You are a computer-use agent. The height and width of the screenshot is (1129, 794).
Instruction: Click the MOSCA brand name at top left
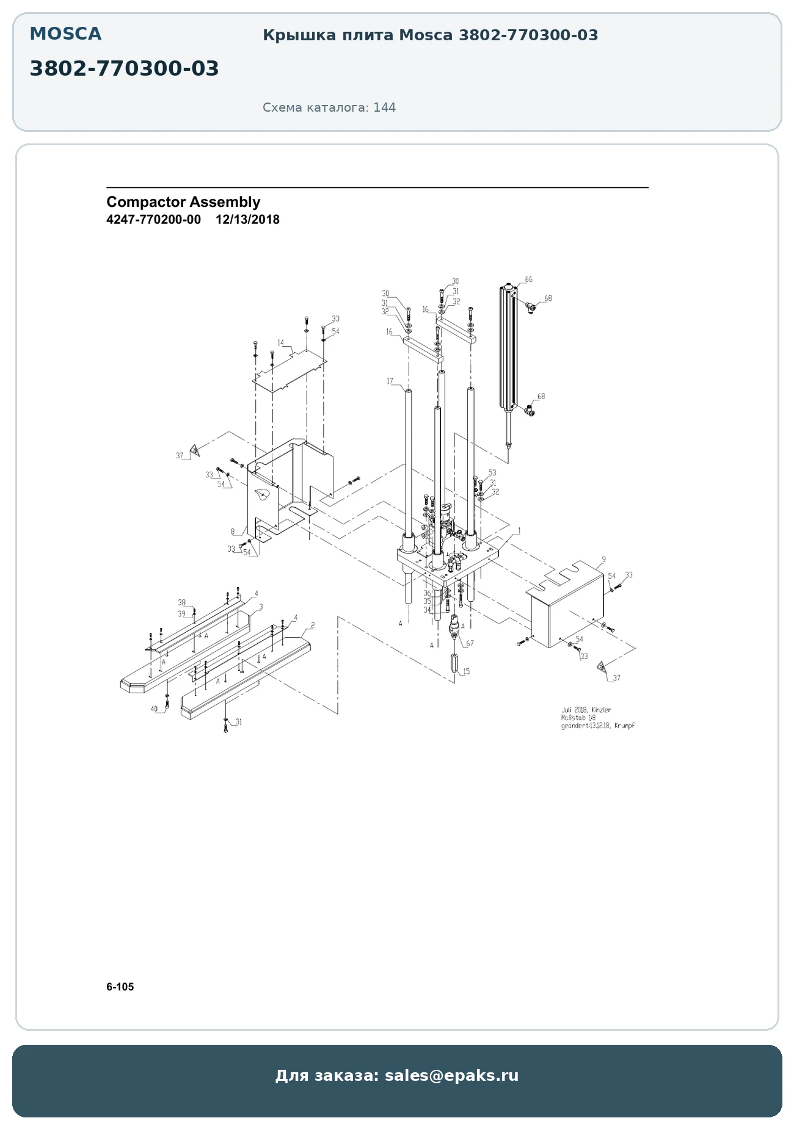65,34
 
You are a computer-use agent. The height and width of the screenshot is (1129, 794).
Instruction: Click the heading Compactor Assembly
183,202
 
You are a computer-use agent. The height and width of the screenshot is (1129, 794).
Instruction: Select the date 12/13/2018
247,220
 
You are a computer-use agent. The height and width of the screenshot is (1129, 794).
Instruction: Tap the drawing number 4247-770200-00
153,220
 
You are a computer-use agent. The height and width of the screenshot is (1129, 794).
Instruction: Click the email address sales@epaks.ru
451,1075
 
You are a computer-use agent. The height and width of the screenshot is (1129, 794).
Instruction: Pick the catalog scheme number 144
384,107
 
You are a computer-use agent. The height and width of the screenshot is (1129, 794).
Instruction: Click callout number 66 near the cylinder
528,280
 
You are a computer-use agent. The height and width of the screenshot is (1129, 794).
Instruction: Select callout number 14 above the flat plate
281,343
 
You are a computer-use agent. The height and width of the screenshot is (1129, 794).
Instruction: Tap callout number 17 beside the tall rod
390,381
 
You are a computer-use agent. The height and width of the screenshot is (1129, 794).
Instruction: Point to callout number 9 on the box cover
603,559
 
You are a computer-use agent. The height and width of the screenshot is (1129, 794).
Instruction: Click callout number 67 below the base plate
470,643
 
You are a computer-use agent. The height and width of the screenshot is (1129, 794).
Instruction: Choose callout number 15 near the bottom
466,671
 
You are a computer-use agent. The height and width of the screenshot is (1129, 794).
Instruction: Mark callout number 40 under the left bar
154,709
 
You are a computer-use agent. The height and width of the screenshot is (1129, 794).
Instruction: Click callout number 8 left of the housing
233,532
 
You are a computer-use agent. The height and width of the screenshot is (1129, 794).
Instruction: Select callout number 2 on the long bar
313,625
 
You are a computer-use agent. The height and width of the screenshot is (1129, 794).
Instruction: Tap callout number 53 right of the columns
492,472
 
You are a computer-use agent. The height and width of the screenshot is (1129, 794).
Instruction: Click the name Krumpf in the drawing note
624,726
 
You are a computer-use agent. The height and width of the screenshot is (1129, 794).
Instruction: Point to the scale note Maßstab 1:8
578,718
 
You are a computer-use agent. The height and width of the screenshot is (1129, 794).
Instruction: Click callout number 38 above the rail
181,602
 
